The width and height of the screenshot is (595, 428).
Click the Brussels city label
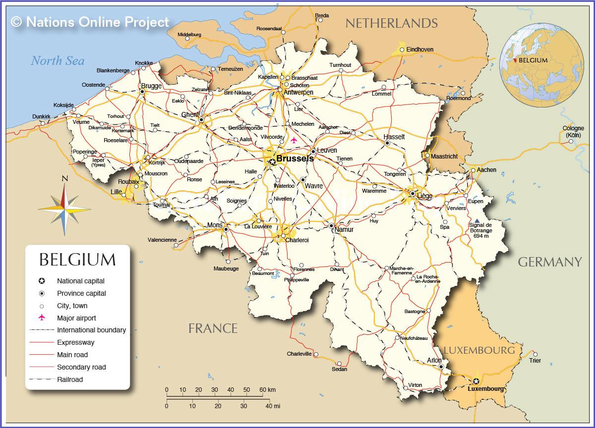295,159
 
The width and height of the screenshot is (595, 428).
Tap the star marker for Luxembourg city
476,381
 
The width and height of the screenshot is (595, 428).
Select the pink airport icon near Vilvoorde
294,140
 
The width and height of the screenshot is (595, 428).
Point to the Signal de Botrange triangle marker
477,220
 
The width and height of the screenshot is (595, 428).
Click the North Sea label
58,61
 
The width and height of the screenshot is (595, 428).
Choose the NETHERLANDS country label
391,23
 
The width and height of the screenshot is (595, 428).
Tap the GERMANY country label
549,262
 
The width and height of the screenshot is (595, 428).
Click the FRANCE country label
213,328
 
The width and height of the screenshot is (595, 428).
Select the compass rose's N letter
64,179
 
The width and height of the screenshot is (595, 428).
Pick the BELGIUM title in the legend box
77,260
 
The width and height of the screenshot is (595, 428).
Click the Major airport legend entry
76,318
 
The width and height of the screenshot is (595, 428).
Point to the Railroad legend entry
70,379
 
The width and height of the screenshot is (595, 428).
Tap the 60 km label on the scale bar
268,390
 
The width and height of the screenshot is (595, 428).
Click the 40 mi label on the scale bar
273,406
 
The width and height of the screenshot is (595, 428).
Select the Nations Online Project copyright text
90,22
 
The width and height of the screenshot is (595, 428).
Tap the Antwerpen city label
298,92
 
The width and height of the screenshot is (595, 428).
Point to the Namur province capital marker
332,225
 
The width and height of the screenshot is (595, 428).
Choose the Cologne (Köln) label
573,132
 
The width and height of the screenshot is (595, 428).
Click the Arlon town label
434,360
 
